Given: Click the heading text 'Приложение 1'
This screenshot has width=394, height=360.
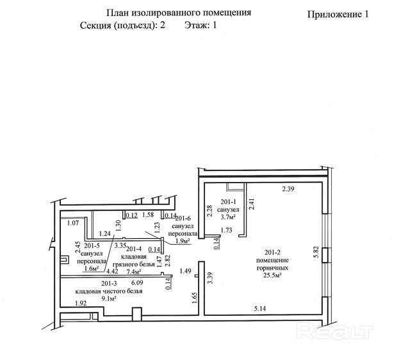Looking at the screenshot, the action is (339, 15).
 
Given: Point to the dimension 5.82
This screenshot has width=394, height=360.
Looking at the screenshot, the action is (315, 251).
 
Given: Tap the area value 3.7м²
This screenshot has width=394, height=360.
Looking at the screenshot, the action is (229, 217).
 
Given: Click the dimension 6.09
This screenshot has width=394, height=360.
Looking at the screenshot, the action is (137, 282).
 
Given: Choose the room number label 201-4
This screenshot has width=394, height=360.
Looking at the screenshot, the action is (135, 248).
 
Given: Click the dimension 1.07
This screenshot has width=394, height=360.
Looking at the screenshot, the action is (72, 223).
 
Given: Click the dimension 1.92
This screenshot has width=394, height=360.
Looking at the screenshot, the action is (81, 302).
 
